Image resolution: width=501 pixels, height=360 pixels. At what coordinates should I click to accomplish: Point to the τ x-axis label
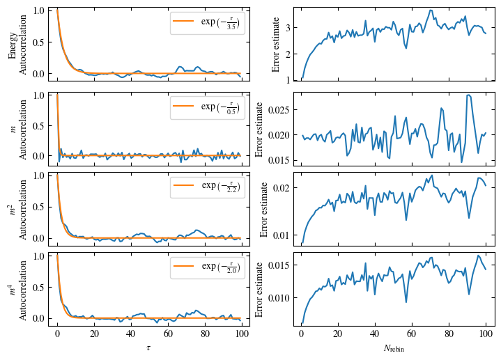pyautogui.click(x=148, y=346)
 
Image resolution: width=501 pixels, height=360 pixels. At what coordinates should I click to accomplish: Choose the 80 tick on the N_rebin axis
pyautogui.click(x=448, y=334)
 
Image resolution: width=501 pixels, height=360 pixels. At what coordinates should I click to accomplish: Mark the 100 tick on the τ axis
pyautogui.click(x=241, y=334)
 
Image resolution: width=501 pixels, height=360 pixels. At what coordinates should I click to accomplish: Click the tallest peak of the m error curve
pyautogui.click(x=468, y=95)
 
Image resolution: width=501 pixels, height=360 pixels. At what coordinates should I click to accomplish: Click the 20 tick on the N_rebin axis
pyautogui.click(x=338, y=334)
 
